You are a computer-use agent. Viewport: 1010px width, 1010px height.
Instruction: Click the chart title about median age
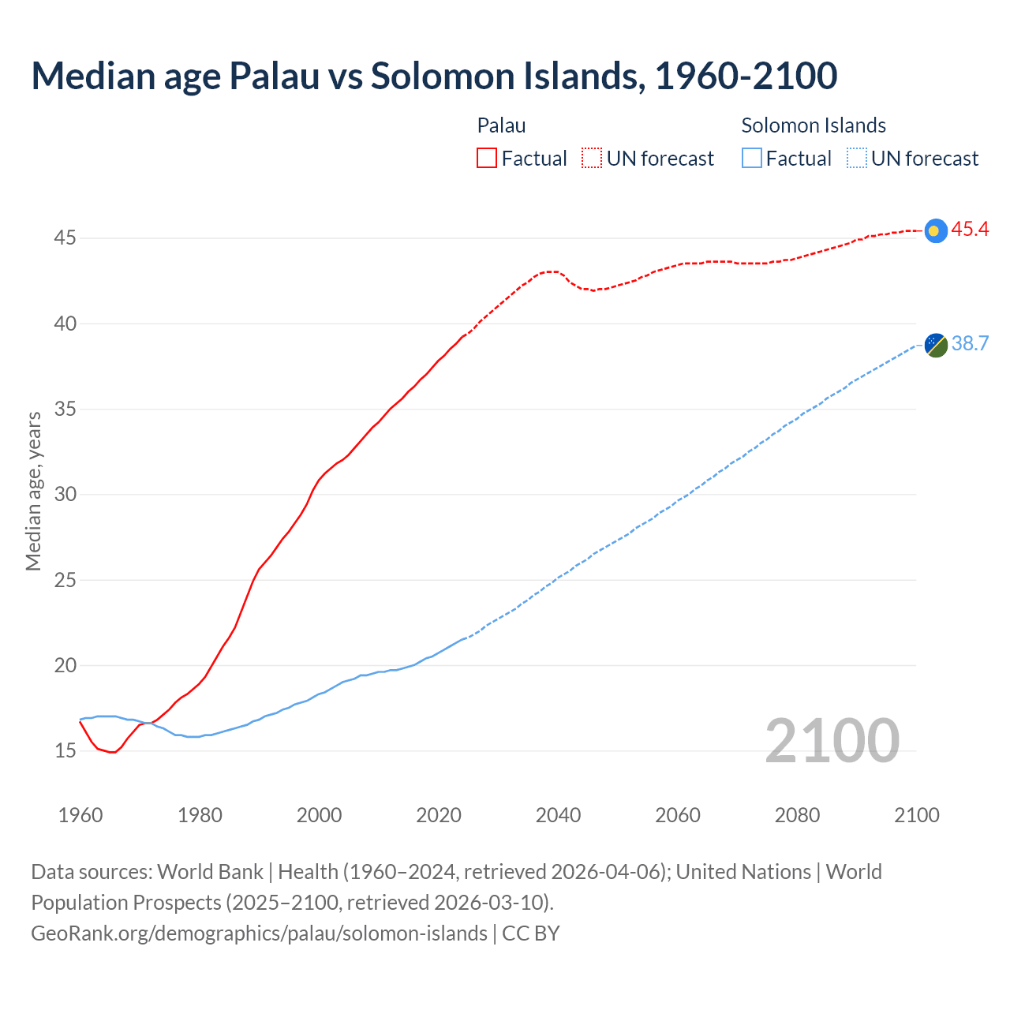tap(434, 76)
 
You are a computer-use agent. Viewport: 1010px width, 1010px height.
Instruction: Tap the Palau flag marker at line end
tap(935, 230)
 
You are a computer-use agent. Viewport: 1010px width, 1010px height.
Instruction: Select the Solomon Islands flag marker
tap(935, 345)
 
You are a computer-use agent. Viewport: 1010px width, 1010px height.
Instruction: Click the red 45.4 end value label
tap(970, 230)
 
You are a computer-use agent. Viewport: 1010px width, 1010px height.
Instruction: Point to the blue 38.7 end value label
tap(970, 344)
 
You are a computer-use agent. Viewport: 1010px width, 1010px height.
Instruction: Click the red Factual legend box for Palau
tap(487, 159)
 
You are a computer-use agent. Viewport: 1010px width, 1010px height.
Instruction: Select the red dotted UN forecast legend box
tap(592, 159)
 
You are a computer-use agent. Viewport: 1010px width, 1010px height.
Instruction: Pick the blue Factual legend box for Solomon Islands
tap(752, 159)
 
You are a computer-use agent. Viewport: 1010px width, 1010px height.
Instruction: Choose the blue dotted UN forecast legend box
tap(856, 159)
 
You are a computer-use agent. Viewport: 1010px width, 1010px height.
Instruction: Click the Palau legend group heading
tap(501, 125)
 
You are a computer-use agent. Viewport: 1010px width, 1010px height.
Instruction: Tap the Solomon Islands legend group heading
tap(814, 125)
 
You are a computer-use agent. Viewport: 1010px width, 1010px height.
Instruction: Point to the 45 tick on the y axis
tap(65, 238)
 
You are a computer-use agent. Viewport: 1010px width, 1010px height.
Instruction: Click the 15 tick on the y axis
tap(65, 750)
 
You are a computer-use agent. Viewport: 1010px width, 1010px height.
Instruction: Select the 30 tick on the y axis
tap(65, 495)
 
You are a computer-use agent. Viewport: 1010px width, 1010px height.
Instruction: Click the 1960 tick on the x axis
tap(80, 815)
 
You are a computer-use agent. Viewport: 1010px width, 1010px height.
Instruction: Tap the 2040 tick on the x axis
tap(558, 815)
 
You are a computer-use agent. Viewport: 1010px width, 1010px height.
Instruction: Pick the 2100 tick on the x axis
tap(916, 815)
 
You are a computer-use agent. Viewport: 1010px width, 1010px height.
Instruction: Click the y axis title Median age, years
tap(33, 491)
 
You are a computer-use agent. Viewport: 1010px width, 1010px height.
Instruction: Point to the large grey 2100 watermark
tap(832, 740)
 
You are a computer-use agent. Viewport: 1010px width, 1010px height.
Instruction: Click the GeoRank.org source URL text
tap(259, 933)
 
